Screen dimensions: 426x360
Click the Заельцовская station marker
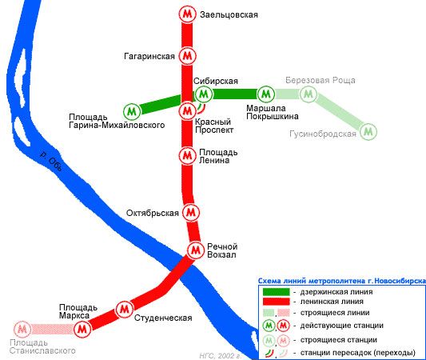coord(188,14)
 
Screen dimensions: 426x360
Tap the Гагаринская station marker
coord(188,56)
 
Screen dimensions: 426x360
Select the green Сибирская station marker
coord(204,94)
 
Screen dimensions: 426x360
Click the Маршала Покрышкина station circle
coord(266,94)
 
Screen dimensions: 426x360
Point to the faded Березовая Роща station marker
coord(309,94)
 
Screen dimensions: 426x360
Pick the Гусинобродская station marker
coord(368,132)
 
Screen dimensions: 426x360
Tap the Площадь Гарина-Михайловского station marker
coord(132,111)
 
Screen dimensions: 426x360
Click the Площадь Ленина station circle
coord(188,155)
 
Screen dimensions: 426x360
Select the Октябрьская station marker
coord(191,212)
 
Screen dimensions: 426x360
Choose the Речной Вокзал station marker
coord(195,250)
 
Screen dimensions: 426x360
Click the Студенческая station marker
coord(125,309)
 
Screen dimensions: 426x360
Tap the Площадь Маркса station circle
coord(82,330)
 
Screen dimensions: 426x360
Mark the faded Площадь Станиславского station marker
coord(22,330)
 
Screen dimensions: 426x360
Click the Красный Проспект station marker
coord(188,110)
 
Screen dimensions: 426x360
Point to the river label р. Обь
coord(51,162)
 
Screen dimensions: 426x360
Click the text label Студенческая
coord(163,318)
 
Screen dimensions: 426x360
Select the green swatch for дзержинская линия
coord(276,292)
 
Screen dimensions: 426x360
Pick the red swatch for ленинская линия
coord(276,302)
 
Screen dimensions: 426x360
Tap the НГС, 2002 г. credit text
coord(221,356)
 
